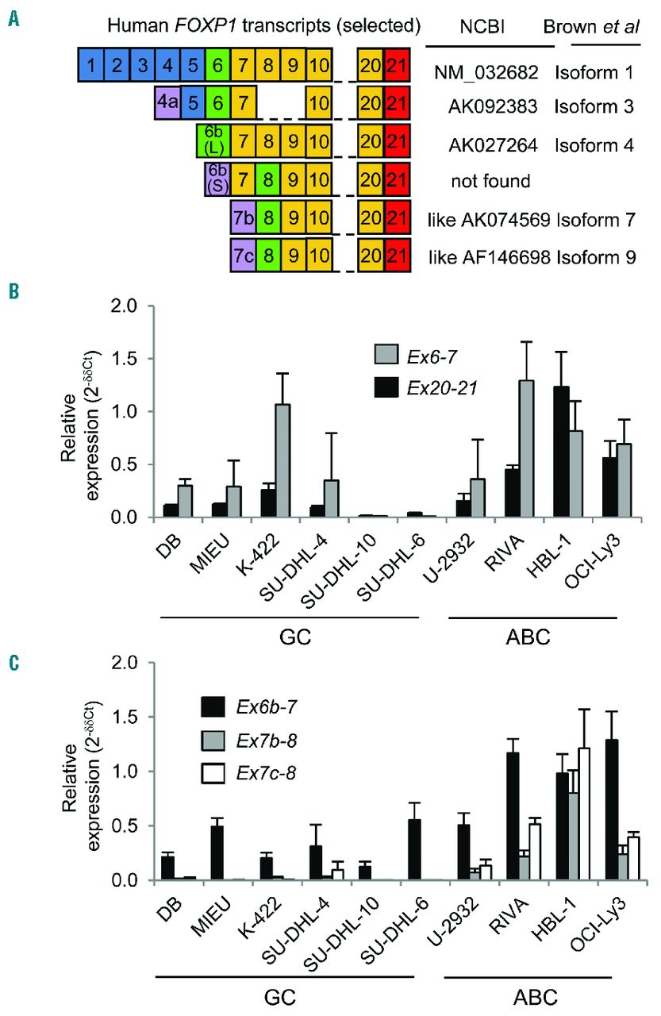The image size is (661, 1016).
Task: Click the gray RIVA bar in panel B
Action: [x=505, y=448]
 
